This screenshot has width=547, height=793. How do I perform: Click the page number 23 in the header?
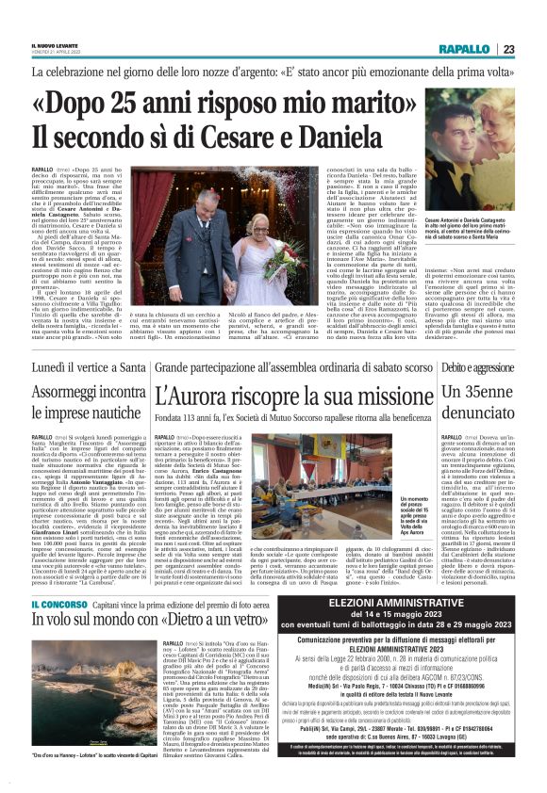tap(507, 50)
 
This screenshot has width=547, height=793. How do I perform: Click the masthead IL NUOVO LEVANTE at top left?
tap(54, 42)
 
